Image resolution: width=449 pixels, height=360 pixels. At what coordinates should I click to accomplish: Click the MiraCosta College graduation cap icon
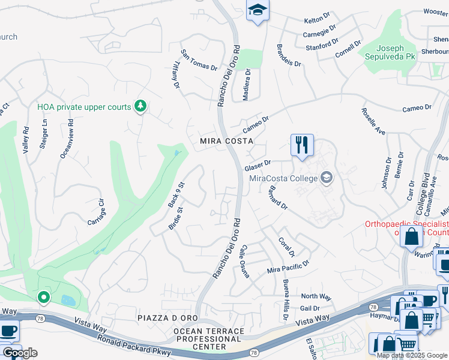(326, 177)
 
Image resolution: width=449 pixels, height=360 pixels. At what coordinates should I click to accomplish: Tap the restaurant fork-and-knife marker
(301, 145)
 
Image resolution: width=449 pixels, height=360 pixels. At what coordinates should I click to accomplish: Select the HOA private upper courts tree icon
(140, 106)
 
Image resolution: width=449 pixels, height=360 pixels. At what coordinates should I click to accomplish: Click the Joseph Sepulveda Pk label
(387, 53)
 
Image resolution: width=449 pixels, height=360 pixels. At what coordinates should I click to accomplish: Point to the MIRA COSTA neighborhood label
(226, 141)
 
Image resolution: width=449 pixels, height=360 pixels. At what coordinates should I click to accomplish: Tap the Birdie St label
(175, 220)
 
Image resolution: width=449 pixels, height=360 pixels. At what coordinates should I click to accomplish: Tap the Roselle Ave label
(373, 121)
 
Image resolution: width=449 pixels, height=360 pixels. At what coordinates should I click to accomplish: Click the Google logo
(20, 353)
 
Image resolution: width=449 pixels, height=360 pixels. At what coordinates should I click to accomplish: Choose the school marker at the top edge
(258, 10)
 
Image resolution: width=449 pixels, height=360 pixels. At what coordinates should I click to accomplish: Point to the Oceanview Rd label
(68, 142)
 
